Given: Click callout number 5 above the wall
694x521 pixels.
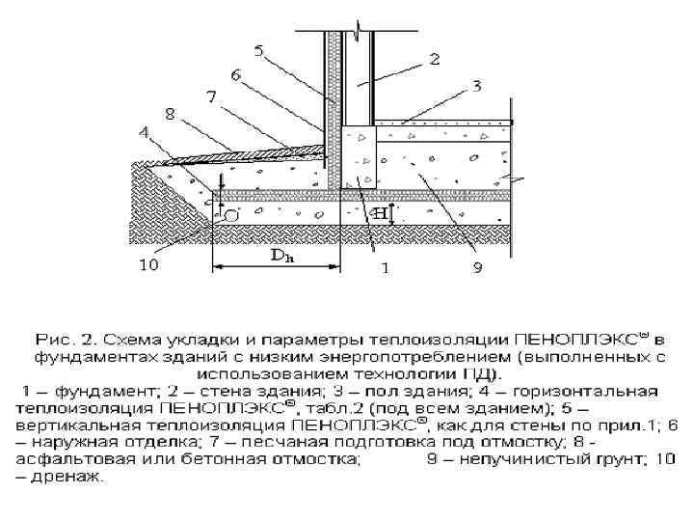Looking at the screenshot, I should click(x=258, y=50).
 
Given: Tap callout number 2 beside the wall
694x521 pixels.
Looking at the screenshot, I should click(x=434, y=59).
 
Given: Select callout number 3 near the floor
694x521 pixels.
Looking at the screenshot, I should click(x=475, y=87).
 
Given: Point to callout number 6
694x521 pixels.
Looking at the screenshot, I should click(x=235, y=73).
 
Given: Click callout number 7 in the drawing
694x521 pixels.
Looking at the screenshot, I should click(x=211, y=96).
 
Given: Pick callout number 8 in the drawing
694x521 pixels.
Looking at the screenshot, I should click(x=171, y=114).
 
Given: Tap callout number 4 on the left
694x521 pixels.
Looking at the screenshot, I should click(x=144, y=133).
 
